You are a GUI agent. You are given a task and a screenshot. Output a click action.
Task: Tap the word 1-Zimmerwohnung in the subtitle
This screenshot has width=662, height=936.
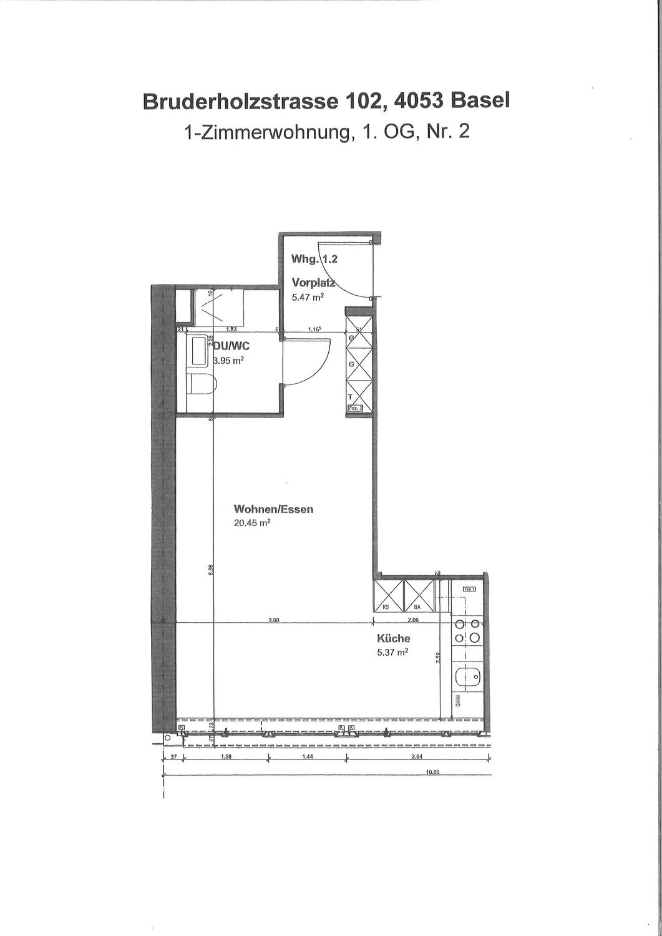pyautogui.click(x=265, y=132)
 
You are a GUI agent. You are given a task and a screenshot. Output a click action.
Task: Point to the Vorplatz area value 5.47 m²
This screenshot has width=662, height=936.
pyautogui.click(x=308, y=298)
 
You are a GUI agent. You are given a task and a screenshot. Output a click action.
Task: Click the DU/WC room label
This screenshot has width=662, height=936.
pyautogui.click(x=232, y=347)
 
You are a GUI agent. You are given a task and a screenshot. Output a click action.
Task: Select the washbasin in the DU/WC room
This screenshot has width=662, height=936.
pyautogui.click(x=200, y=352)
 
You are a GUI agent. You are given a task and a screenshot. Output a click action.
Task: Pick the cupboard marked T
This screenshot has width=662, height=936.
pyautogui.click(x=358, y=392)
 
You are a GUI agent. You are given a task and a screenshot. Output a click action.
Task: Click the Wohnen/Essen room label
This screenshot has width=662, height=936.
pyautogui.click(x=273, y=509)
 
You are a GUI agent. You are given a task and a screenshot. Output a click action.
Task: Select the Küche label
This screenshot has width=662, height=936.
pyautogui.click(x=393, y=638)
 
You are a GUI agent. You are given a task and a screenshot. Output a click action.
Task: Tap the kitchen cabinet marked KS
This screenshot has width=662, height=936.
pyautogui.click(x=388, y=596)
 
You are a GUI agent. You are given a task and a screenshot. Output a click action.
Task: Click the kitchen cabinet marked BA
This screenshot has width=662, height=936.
pyautogui.click(x=417, y=596)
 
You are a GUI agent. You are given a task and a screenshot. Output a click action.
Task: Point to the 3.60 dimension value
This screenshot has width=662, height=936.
pyautogui.click(x=273, y=620)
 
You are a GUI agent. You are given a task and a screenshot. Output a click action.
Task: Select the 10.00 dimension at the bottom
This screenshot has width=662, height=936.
pyautogui.click(x=432, y=772)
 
